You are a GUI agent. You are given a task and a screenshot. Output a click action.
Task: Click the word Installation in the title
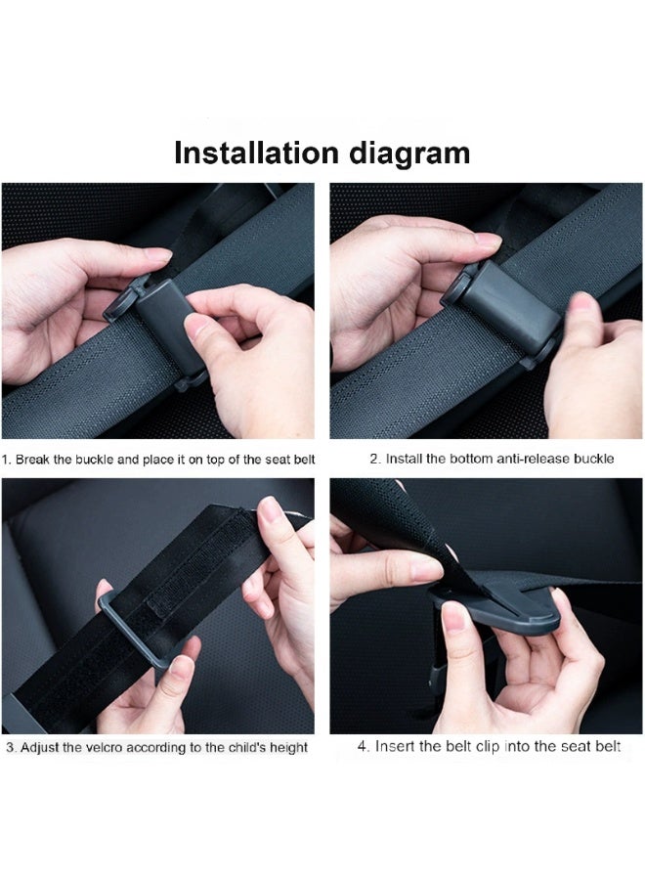coord(257,154)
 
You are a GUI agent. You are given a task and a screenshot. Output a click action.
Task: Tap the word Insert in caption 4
coord(394,747)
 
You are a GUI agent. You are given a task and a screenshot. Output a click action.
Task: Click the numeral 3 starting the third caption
coord(9,747)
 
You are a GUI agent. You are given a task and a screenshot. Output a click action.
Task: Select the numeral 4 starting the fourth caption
coord(362,747)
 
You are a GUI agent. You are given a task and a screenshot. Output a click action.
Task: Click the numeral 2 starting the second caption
coord(373,459)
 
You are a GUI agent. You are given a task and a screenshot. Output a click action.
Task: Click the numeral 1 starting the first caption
coord(6,459)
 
